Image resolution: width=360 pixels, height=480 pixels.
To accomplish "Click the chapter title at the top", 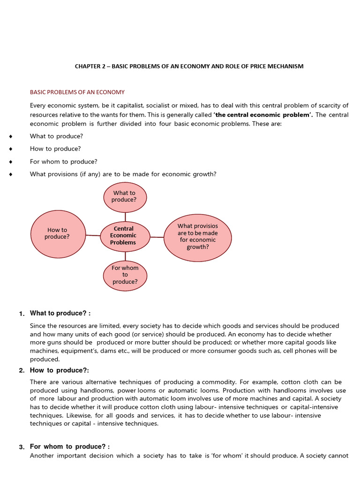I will [189, 66].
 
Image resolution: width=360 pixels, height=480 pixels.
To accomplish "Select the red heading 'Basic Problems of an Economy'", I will [77, 92].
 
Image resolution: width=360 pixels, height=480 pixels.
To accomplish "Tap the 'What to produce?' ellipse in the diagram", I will [124, 196].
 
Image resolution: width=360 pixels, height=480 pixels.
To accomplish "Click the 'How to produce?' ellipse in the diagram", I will [58, 233].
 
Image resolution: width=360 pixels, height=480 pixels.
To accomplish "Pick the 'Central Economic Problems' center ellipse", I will [124, 236].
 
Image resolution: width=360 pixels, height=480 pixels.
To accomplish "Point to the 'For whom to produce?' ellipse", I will [125, 275].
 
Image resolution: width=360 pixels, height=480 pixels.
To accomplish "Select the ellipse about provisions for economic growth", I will [197, 237].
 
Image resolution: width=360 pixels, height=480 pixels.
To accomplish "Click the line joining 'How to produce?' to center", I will [93, 235].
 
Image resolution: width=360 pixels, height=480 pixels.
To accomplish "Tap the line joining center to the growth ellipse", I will [157, 237].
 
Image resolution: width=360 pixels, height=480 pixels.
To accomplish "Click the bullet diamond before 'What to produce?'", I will [10, 136].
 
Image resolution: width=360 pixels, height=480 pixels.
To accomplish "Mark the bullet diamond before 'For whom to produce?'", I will [10, 162].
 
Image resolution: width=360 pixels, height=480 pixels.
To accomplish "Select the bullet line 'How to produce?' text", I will [55, 149].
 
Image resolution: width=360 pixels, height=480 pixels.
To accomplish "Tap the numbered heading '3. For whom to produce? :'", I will [67, 446].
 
